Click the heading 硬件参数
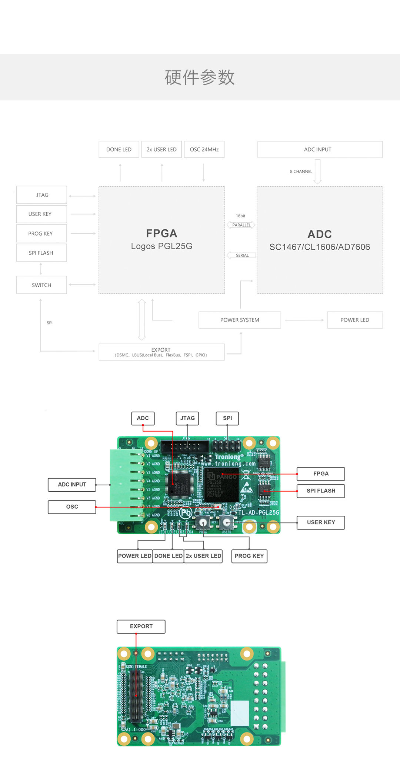(200, 77)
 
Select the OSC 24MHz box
(204, 149)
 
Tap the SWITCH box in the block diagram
(41, 285)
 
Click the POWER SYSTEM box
(240, 320)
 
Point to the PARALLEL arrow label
(241, 225)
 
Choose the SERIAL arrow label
(242, 255)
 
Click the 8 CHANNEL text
(301, 172)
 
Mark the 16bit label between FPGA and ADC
(240, 216)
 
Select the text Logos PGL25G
(161, 246)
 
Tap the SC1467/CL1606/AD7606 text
(320, 247)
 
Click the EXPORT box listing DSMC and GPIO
(161, 352)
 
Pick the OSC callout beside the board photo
(72, 507)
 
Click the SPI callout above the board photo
(227, 418)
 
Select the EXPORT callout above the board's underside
(141, 627)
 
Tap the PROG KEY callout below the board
(249, 556)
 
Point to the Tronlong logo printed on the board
(229, 457)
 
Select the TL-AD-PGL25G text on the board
(259, 512)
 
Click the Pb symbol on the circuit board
(185, 513)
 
